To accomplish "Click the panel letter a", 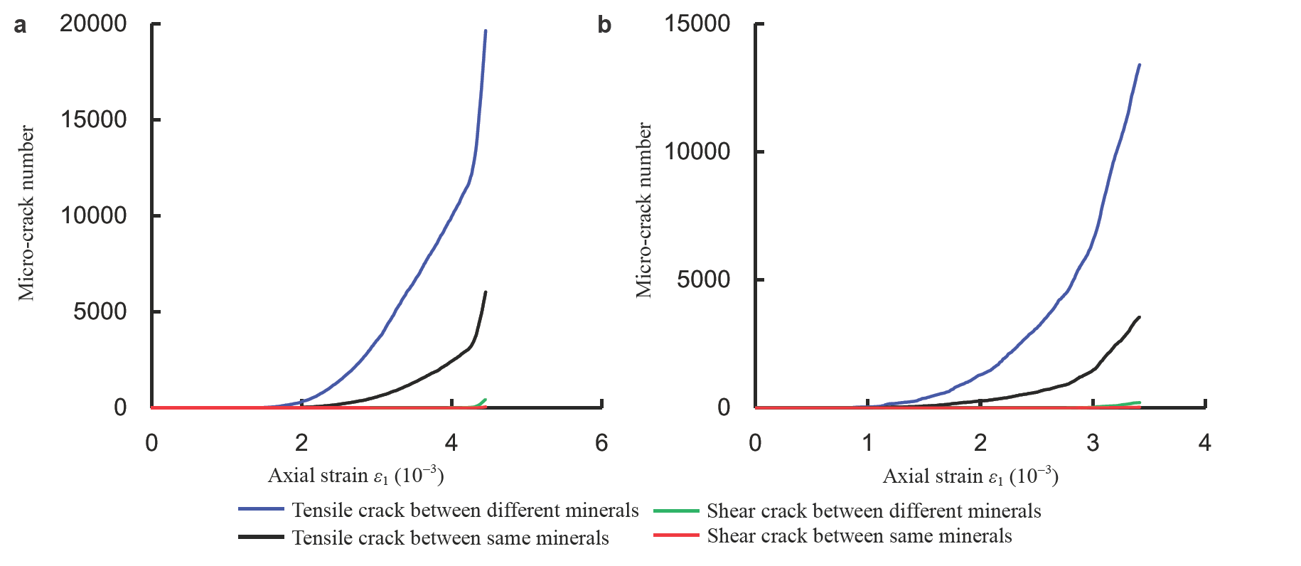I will tap(20, 26).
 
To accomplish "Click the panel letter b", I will tap(604, 26).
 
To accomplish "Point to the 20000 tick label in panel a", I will tap(93, 23).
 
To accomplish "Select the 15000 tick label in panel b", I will tap(697, 23).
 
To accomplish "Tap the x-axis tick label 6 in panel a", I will tap(601, 443).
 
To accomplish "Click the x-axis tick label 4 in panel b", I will tap(1204, 443).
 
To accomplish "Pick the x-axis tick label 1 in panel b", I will tap(867, 443).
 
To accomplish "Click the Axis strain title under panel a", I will tap(355, 475).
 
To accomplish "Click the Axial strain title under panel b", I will tap(970, 476).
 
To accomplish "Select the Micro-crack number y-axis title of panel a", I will tap(26, 213).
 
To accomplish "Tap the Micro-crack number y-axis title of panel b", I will tap(643, 210).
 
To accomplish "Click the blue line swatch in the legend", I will tap(261, 510).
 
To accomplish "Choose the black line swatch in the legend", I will tap(261, 538).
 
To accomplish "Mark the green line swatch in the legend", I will tap(676, 511).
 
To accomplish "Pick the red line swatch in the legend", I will tap(676, 535).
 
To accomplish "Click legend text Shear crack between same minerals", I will tap(859, 535).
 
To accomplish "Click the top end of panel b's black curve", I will tap(1139, 318).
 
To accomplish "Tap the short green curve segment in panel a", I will tap(481, 403).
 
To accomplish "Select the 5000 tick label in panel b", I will tap(703, 279).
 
